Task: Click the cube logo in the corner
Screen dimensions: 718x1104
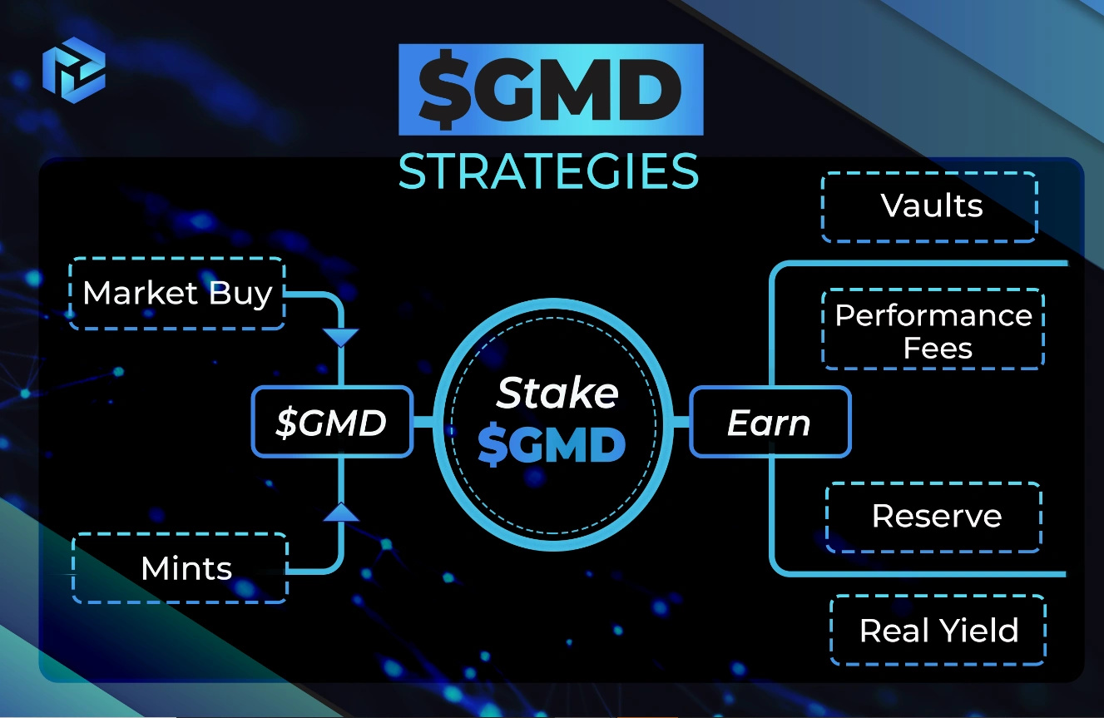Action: (74, 67)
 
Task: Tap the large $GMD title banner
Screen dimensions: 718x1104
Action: (551, 90)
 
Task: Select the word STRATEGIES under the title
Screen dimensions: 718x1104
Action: (549, 171)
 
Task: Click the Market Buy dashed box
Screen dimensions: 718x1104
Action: (178, 293)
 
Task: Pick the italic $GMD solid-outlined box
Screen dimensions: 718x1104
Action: (332, 422)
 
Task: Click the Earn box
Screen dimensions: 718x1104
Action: (770, 422)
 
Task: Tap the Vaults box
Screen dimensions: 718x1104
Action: (930, 206)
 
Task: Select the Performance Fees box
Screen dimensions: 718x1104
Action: (933, 330)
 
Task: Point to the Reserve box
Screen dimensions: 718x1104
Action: (935, 517)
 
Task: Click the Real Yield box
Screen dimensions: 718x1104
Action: (938, 630)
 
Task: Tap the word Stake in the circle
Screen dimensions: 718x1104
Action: (557, 393)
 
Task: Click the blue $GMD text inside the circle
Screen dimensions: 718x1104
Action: (552, 447)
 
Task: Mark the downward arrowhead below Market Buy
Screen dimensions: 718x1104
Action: (341, 338)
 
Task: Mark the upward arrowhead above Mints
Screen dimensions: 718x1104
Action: (341, 512)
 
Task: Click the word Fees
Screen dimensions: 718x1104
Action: (938, 348)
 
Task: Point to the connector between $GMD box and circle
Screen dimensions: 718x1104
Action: (423, 422)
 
